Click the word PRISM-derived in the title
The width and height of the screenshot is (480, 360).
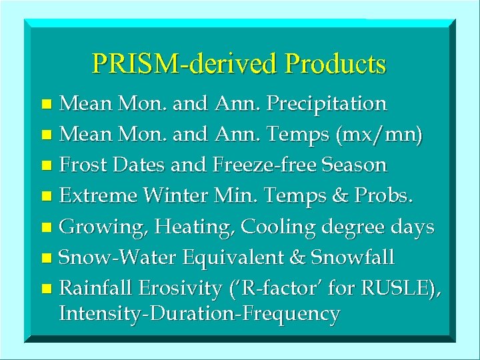coord(185,63)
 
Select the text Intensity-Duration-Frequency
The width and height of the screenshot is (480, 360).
coord(199,313)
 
